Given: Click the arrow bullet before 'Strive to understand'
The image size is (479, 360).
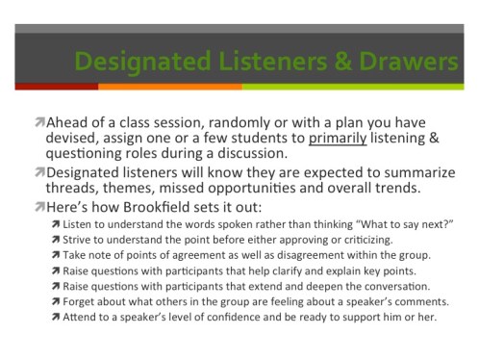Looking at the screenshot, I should pyautogui.click(x=56, y=240).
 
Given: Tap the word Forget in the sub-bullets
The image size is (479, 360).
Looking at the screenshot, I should pyautogui.click(x=83, y=302).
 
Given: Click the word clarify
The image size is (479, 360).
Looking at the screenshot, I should pyautogui.click(x=273, y=271).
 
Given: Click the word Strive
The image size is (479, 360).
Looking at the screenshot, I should pyautogui.click(x=81, y=240).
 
